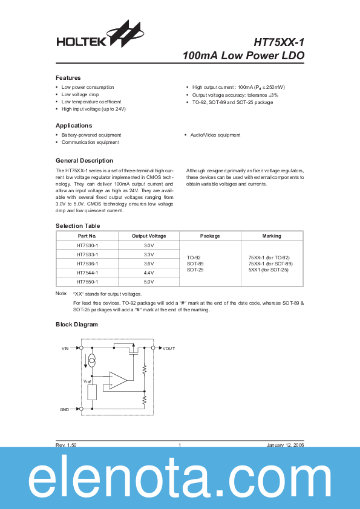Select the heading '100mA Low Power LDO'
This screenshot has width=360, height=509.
click(243, 56)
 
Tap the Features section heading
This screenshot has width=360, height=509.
click(68, 78)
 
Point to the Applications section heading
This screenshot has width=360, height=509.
click(74, 125)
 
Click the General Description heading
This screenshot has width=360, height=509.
click(84, 160)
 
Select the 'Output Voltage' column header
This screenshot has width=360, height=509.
click(149, 236)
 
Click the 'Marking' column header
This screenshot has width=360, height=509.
click(272, 236)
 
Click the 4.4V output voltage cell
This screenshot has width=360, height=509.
click(149, 272)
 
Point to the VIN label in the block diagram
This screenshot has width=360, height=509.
click(65, 349)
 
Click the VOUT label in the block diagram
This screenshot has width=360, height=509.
click(169, 349)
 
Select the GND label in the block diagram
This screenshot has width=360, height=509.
click(65, 409)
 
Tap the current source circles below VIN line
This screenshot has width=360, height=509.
click(92, 362)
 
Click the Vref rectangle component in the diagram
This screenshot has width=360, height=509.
click(93, 392)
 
